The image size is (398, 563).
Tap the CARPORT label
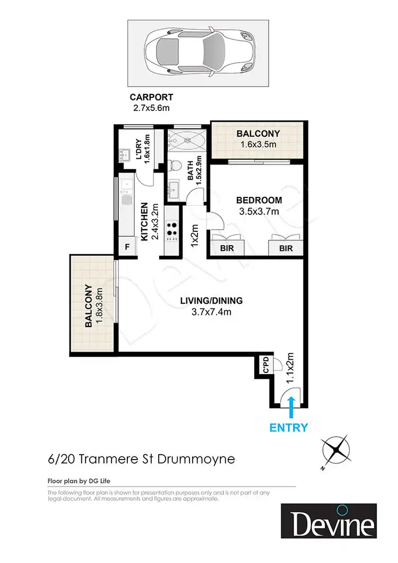point(151,98)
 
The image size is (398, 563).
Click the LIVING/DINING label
point(211,301)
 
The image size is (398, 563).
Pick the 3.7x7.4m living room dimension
point(211,312)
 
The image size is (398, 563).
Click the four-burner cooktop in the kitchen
point(172,229)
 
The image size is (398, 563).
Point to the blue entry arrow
point(290,409)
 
